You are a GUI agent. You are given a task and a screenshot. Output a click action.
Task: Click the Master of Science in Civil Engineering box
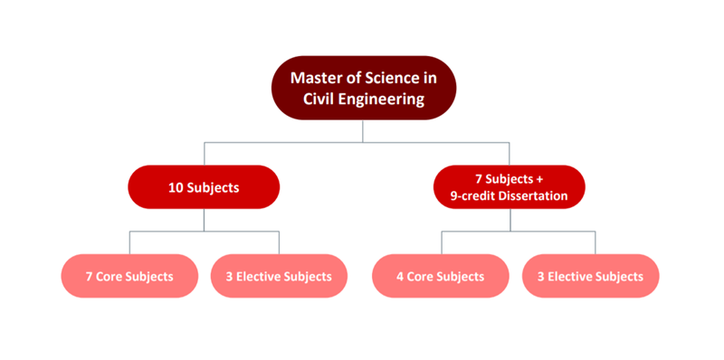pos(363,89)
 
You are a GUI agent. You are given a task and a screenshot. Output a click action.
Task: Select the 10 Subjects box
pos(204,187)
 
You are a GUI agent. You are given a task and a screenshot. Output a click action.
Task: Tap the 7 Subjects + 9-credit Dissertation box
pos(509,187)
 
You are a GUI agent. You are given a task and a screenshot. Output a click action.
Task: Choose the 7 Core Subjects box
pos(129,276)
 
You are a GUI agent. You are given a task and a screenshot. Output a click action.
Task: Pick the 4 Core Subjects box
pos(441,276)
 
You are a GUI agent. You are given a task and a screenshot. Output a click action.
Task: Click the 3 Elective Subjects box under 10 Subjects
pos(279,276)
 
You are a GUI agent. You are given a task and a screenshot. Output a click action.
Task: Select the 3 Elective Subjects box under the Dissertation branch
pos(590,276)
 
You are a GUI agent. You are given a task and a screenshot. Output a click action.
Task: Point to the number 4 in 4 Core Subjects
pos(402,277)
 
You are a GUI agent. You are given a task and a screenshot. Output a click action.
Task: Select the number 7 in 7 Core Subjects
pos(90,277)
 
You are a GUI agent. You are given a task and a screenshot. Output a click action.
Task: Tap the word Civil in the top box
pos(317,99)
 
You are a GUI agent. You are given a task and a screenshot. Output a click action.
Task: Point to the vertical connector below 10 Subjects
pos(204,220)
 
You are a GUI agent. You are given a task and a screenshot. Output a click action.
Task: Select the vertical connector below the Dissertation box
pos(509,220)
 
